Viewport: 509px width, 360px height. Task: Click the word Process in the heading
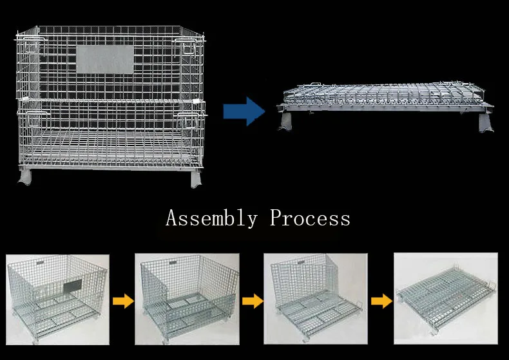pyautogui.click(x=310, y=218)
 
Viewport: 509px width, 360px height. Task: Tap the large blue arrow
pyautogui.click(x=244, y=111)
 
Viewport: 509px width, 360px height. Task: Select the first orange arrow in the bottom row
pyautogui.click(x=122, y=300)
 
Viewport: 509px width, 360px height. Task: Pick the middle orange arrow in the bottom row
pyautogui.click(x=253, y=300)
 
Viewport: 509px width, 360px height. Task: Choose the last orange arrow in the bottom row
pyautogui.click(x=381, y=300)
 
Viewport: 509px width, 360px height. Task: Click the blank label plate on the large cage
pyautogui.click(x=104, y=59)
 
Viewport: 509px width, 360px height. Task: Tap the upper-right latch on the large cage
pyautogui.click(x=188, y=48)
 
